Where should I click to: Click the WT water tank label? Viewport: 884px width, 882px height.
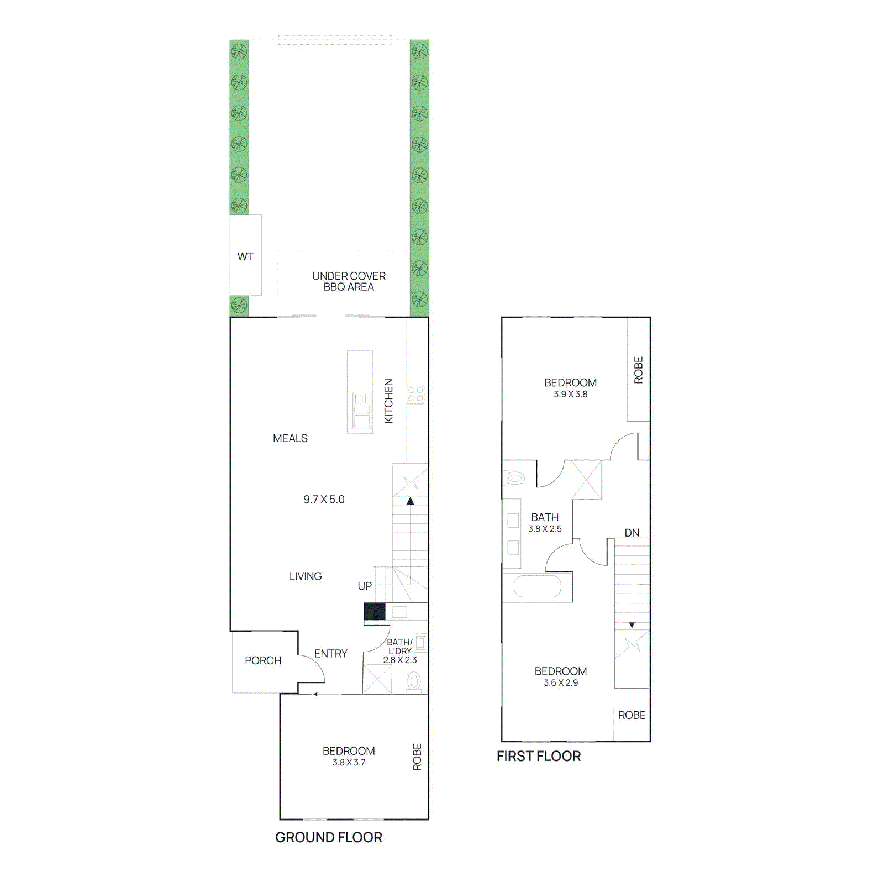point(245,256)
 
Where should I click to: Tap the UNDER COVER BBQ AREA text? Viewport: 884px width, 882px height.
point(349,281)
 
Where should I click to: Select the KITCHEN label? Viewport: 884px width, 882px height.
point(388,401)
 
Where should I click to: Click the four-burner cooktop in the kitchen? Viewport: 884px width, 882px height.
point(415,395)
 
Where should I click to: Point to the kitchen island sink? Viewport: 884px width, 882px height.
point(362,410)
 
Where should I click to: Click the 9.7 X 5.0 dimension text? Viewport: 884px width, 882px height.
point(324,500)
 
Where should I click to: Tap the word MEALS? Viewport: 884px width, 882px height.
point(290,438)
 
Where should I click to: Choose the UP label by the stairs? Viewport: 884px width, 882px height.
point(365,586)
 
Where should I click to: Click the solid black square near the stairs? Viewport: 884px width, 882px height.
point(374,612)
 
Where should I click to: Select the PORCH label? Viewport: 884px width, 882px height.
point(263,660)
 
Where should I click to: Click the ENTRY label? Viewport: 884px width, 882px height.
point(330,654)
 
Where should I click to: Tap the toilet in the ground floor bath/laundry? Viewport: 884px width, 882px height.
point(414,681)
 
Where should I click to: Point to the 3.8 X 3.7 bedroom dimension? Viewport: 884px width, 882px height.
point(349,763)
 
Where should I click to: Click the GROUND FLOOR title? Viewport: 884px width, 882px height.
point(328,837)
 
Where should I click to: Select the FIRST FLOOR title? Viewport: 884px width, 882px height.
point(538,756)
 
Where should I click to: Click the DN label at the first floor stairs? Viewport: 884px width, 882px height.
point(632,533)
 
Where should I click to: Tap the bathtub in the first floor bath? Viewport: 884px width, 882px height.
point(537,586)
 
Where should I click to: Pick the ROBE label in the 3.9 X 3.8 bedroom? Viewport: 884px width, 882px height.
point(638,370)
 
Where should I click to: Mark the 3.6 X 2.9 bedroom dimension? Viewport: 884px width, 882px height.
point(560,683)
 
